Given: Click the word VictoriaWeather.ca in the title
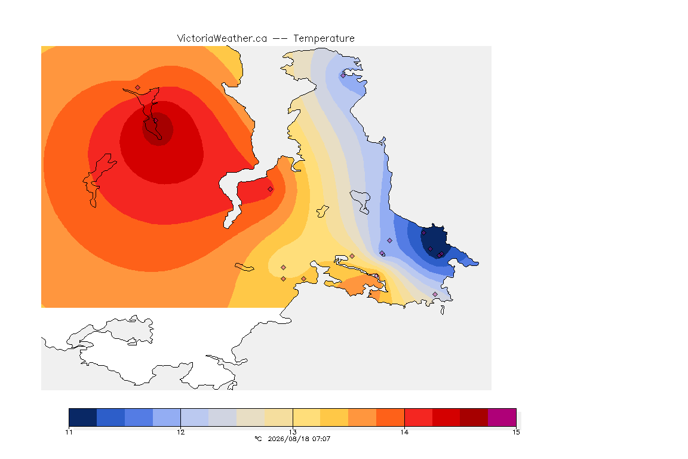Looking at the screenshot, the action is pyautogui.click(x=222, y=39).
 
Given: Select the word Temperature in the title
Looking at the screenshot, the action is pyautogui.click(x=324, y=39).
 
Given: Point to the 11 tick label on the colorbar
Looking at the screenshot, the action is pyautogui.click(x=69, y=432).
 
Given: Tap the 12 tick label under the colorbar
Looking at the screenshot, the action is pyautogui.click(x=181, y=432).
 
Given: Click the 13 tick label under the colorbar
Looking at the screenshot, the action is pyautogui.click(x=293, y=432).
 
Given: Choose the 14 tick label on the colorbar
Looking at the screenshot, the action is pyautogui.click(x=404, y=432).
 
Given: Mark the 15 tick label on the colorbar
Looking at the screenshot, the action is pyautogui.click(x=516, y=432).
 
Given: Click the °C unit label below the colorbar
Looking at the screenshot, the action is pyautogui.click(x=259, y=439).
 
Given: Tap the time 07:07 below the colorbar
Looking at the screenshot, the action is pyautogui.click(x=321, y=439).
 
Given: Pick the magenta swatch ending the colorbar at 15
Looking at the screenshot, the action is pyautogui.click(x=502, y=417).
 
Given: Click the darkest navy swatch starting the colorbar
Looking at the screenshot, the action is pyautogui.click(x=83, y=417).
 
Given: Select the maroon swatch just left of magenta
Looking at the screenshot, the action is pyautogui.click(x=474, y=417).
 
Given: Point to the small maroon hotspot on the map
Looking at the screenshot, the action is pyautogui.click(x=158, y=128).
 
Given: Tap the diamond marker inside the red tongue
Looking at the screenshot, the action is pyautogui.click(x=271, y=189).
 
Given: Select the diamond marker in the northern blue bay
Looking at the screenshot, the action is pyautogui.click(x=343, y=75).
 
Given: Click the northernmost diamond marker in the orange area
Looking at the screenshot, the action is pyautogui.click(x=138, y=88).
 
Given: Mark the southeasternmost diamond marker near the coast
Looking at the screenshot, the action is pyautogui.click(x=435, y=294).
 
